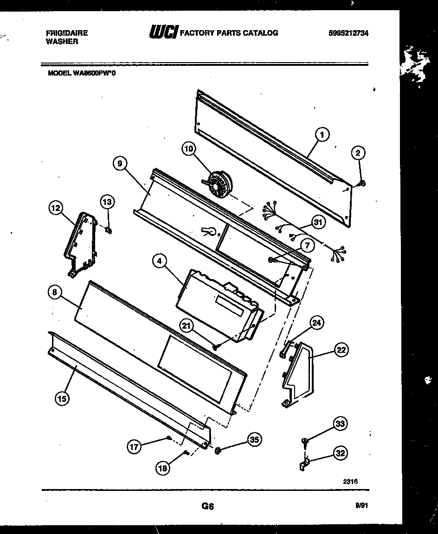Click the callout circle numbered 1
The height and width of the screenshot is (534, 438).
322,135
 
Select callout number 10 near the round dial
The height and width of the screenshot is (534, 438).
189,149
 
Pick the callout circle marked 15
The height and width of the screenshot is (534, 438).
61,398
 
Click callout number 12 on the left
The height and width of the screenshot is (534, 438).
56,209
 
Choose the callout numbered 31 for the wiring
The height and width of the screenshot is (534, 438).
317,222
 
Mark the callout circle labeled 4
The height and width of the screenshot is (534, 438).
160,261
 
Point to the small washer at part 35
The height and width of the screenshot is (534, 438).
217,449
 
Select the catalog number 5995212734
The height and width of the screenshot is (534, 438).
348,33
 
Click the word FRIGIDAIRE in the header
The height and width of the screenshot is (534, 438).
67,33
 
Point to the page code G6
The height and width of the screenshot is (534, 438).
207,507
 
